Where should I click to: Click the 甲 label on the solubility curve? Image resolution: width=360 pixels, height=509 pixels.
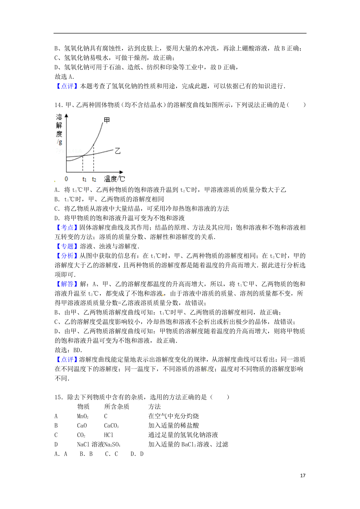tap(107, 120)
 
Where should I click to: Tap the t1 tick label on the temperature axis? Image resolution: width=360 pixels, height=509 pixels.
tap(84, 179)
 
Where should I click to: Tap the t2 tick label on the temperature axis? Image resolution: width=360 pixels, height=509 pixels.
tap(94, 179)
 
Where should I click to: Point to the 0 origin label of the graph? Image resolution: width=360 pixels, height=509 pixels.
tap(66, 179)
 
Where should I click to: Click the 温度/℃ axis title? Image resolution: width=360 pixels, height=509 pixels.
tap(114, 179)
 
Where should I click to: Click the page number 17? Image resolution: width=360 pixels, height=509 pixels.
tap(303, 475)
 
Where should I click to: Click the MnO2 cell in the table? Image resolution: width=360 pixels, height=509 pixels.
tap(82, 416)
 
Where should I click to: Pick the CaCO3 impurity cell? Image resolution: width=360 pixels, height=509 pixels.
tap(111, 426)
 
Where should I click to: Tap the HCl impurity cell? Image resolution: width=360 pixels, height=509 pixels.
tap(109, 435)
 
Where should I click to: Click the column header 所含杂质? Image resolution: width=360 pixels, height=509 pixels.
tap(117, 406)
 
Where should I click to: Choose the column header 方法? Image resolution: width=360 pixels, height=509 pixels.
tap(154, 406)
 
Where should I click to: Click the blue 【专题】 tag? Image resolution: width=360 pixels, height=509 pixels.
tap(67, 246)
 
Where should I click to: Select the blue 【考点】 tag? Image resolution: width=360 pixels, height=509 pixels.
tap(67, 228)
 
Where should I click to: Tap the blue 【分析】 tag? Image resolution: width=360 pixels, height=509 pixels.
tap(67, 256)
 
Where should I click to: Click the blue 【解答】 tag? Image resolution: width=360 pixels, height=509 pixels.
tap(67, 284)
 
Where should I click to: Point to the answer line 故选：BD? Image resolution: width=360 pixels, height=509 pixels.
tap(68, 350)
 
